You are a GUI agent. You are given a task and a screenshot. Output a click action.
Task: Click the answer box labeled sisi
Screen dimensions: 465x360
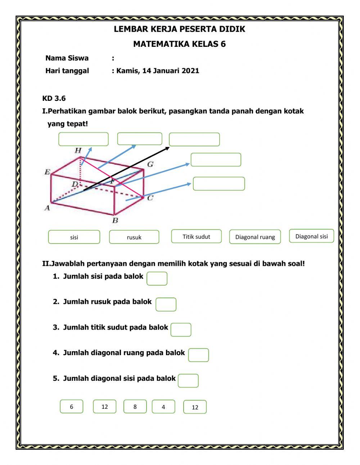74,237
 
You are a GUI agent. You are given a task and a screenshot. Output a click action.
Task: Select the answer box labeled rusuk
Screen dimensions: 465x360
134,237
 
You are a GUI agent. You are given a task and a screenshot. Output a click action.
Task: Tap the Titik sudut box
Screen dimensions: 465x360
196,236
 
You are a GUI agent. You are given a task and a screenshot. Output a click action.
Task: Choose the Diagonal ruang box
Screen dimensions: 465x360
255,237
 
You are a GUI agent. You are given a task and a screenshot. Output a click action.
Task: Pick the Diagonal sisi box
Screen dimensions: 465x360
311,236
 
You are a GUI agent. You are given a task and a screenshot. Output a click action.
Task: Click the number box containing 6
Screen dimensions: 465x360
71,406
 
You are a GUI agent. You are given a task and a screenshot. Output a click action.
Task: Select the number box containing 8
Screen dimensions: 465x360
135,406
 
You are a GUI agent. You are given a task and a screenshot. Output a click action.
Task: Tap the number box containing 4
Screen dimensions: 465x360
163,407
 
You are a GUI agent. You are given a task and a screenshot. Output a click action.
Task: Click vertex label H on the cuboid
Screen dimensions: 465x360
78,150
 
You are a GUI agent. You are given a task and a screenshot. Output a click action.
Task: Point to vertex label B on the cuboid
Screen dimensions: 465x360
115,220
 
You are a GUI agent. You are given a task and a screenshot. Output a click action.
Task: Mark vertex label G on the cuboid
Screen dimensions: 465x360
150,164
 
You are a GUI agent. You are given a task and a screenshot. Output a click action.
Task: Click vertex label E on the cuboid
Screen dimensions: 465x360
47,172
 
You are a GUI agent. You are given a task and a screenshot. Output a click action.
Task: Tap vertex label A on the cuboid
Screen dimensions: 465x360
47,207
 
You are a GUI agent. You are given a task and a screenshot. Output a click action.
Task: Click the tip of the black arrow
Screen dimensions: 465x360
168,147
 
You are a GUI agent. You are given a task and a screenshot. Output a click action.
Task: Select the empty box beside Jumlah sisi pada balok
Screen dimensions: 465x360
157,278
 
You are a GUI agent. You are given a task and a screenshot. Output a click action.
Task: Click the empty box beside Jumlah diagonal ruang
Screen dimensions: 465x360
198,355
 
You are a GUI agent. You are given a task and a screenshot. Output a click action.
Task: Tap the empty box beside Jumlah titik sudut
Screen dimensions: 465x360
181,330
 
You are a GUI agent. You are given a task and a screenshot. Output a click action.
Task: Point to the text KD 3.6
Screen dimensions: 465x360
54,98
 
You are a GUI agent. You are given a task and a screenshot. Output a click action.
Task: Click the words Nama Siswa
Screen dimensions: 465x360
67,58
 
